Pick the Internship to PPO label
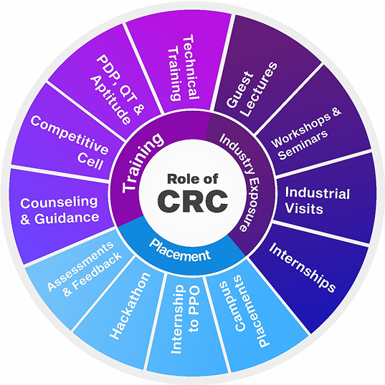188,323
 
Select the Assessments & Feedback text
84,267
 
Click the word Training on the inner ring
141,165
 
